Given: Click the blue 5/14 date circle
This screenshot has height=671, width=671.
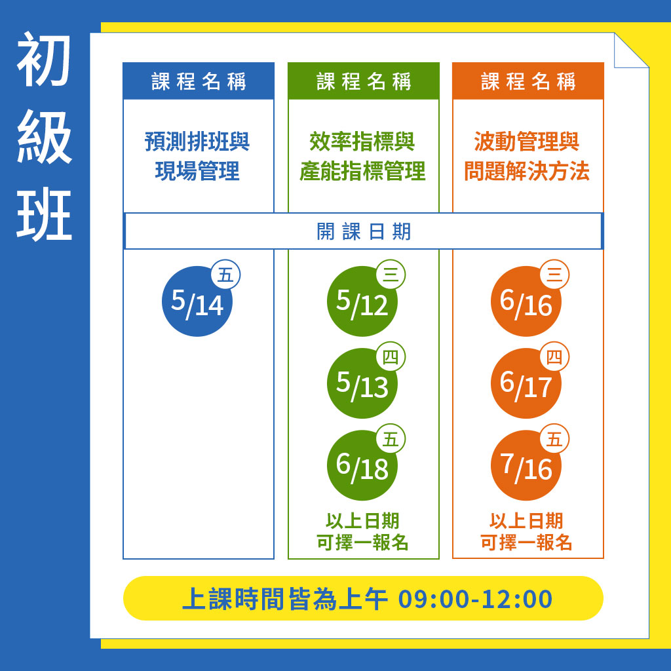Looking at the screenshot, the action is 197,301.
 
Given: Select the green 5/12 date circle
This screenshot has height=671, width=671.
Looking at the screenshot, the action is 362,301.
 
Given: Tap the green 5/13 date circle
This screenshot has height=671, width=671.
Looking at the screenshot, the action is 362,383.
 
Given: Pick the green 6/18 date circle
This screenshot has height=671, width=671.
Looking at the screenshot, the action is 362,465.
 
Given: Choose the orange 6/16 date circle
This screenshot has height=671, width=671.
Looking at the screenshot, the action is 526,301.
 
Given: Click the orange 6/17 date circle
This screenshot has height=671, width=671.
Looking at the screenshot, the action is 526,383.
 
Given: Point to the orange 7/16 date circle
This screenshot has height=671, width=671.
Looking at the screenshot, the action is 526,465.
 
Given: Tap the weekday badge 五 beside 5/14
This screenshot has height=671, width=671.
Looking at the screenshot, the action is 225,275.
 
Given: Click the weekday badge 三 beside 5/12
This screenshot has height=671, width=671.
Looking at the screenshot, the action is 391,275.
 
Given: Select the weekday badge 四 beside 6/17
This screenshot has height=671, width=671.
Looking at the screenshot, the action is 554,356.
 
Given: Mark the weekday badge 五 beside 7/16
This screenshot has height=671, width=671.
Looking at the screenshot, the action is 554,438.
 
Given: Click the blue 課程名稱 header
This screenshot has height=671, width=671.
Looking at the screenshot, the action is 199,81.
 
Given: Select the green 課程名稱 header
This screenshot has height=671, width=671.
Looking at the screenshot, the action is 363,81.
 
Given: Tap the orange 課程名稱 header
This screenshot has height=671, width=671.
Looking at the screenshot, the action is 528,81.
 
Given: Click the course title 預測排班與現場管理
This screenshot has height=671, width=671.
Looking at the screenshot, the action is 197,156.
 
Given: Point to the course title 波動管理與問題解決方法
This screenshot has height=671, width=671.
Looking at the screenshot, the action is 527,156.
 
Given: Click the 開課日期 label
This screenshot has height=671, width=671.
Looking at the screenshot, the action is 364,231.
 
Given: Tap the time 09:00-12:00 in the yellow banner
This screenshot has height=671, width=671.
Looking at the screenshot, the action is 475,599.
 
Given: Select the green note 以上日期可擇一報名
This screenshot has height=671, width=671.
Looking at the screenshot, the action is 362,531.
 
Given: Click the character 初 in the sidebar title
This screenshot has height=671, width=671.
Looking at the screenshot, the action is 44,60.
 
